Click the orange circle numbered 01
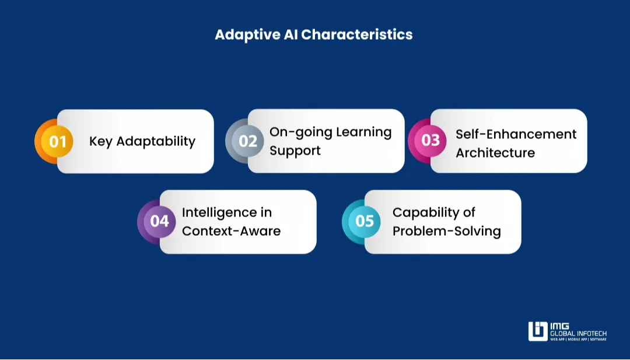[x=57, y=141]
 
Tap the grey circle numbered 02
[x=248, y=141]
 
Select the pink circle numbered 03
[x=430, y=141]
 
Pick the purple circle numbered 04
[x=159, y=221]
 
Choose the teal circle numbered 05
[x=365, y=221]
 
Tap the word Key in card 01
[x=100, y=141]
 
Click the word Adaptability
[x=156, y=142]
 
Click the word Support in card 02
[x=295, y=151]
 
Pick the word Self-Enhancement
[x=516, y=134]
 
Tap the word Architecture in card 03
[x=495, y=153]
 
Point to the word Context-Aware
[x=231, y=231]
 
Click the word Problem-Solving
[x=446, y=231]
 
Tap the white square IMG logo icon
[x=537, y=331]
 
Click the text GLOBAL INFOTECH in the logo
[x=578, y=333]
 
